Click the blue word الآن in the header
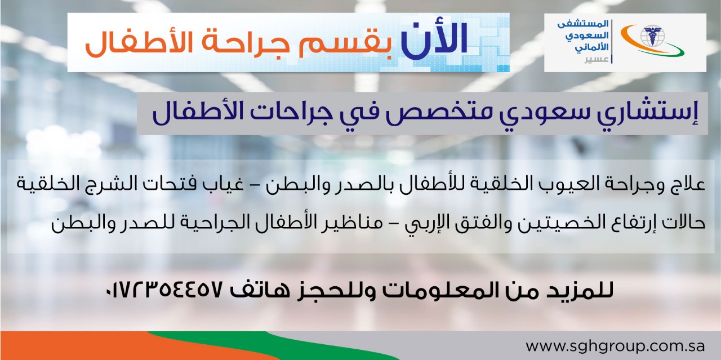pyautogui.click(x=434, y=40)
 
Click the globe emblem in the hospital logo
pyautogui.click(x=652, y=36)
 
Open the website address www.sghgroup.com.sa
pyautogui.click(x=615, y=346)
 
